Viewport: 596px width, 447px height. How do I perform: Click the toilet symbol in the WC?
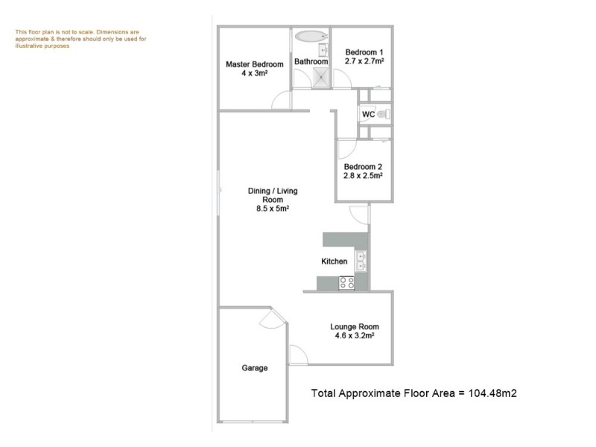tap(383, 115)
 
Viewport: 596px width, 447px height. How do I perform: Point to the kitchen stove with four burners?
tap(346, 282)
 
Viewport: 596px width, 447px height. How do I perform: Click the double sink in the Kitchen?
tap(361, 261)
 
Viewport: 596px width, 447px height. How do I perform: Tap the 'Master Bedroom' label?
tap(254, 65)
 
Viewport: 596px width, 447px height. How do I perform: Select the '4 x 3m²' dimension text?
tap(254, 74)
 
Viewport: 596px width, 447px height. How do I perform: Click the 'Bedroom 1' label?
tap(363, 51)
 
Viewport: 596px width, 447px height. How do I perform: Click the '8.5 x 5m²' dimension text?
tap(272, 209)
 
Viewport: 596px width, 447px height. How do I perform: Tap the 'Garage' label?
tap(254, 368)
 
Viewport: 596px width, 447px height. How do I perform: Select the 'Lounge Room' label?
tap(355, 326)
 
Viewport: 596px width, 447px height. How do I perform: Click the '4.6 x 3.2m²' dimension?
tap(355, 336)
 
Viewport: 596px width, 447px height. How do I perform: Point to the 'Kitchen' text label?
tap(334, 261)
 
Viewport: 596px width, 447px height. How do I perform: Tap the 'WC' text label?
tap(367, 115)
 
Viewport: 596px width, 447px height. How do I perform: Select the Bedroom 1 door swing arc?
tap(341, 77)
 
